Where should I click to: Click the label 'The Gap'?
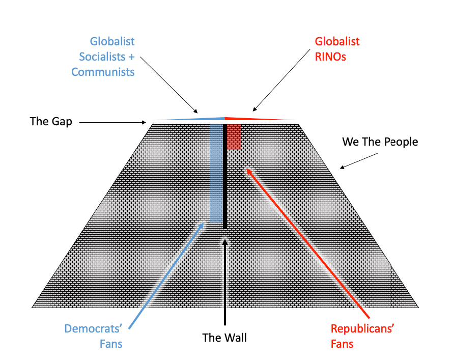point(51,121)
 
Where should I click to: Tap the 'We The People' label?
point(380,142)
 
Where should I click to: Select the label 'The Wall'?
point(224,337)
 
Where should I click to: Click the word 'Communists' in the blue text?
point(103,71)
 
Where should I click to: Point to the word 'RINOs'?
point(330,56)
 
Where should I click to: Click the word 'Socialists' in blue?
point(103,56)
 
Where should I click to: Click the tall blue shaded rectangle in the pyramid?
point(216,173)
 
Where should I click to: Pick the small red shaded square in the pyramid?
point(234,136)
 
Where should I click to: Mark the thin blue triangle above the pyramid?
point(204,119)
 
